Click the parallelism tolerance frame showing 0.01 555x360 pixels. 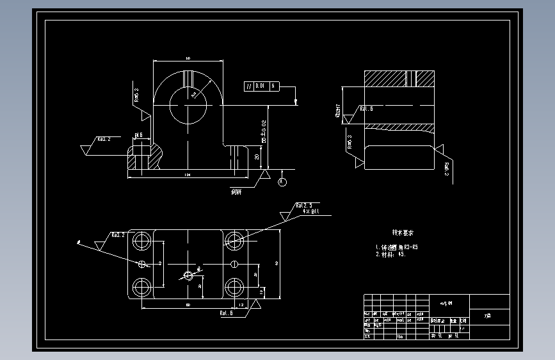pyautogui.click(x=261, y=85)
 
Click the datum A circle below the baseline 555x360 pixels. pyautogui.click(x=283, y=182)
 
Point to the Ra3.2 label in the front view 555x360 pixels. pyautogui.click(x=104, y=139)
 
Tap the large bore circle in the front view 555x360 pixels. pyautogui.click(x=188, y=102)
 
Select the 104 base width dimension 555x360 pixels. pyautogui.click(x=187, y=174)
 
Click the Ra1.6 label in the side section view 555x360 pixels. pyautogui.click(x=366, y=109)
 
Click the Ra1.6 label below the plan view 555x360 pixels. pyautogui.click(x=226, y=313)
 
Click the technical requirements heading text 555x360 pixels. pyautogui.click(x=403, y=233)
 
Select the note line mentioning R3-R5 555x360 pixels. pyautogui.click(x=397, y=247)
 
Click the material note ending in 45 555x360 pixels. pyautogui.click(x=391, y=254)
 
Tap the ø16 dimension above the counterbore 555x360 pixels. pyautogui.click(x=138, y=136)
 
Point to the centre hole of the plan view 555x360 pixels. pyautogui.click(x=188, y=275)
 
